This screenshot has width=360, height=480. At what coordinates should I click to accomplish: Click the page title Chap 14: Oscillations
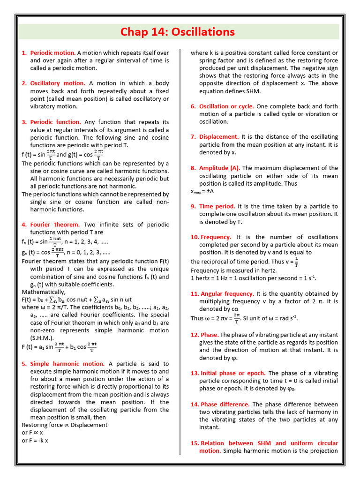pyautogui.click(x=177, y=32)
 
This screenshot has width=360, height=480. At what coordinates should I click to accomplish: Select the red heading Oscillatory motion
pyautogui.click(x=58, y=83)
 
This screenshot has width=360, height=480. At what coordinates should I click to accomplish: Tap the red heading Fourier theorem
pyautogui.click(x=55, y=225)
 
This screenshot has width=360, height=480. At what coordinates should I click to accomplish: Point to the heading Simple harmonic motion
pyautogui.click(x=67, y=364)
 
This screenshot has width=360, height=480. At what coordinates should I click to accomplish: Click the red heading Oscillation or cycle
pyautogui.click(x=226, y=106)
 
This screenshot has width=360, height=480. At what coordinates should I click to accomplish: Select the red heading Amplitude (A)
pyautogui.click(x=219, y=168)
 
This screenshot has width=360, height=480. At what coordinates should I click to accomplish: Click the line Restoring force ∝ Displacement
pyautogui.click(x=65, y=425)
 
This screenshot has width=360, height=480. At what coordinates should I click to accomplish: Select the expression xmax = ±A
pyautogui.click(x=202, y=191)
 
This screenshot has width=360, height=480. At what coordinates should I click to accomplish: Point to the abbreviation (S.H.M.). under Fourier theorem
pyautogui.click(x=42, y=338)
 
